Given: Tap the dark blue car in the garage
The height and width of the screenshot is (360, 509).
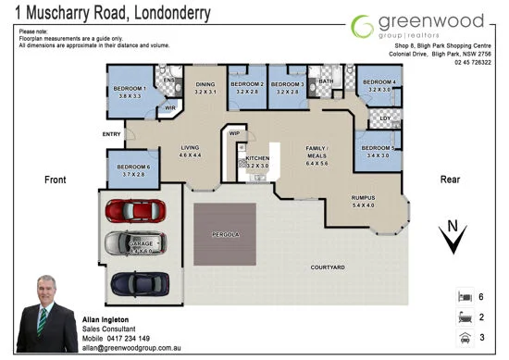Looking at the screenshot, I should coord(136,281).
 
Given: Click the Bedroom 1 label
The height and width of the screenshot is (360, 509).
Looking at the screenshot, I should coord(131,89).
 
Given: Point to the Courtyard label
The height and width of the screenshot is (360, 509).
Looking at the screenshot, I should coord(327,267).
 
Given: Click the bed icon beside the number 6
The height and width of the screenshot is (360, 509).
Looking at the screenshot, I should coord(464,297).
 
